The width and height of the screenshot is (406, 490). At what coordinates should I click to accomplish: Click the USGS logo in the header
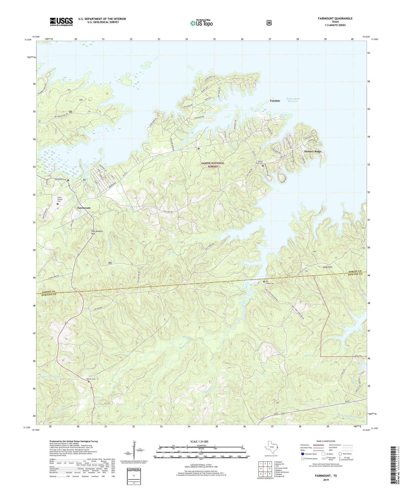click(61, 22)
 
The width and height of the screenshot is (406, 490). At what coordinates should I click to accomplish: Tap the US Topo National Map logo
click(201, 23)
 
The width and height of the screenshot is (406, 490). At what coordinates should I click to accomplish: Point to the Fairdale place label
click(275, 101)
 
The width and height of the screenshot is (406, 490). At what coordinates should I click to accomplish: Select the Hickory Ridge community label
click(313, 152)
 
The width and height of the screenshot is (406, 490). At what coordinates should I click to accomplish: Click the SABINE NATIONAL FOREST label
click(213, 165)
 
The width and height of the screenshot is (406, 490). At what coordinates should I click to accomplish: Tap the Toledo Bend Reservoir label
click(292, 100)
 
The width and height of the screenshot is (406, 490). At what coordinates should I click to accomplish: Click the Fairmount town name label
click(84, 208)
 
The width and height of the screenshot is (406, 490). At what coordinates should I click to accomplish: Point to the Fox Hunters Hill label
click(97, 232)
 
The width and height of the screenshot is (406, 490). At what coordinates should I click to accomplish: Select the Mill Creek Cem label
click(270, 283)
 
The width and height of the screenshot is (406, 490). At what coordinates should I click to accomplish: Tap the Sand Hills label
click(327, 267)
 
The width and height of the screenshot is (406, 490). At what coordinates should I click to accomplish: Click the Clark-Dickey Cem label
click(59, 199)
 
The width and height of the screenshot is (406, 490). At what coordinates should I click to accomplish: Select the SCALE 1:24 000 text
click(199, 441)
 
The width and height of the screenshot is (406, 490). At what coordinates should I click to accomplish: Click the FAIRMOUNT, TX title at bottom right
click(326, 476)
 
